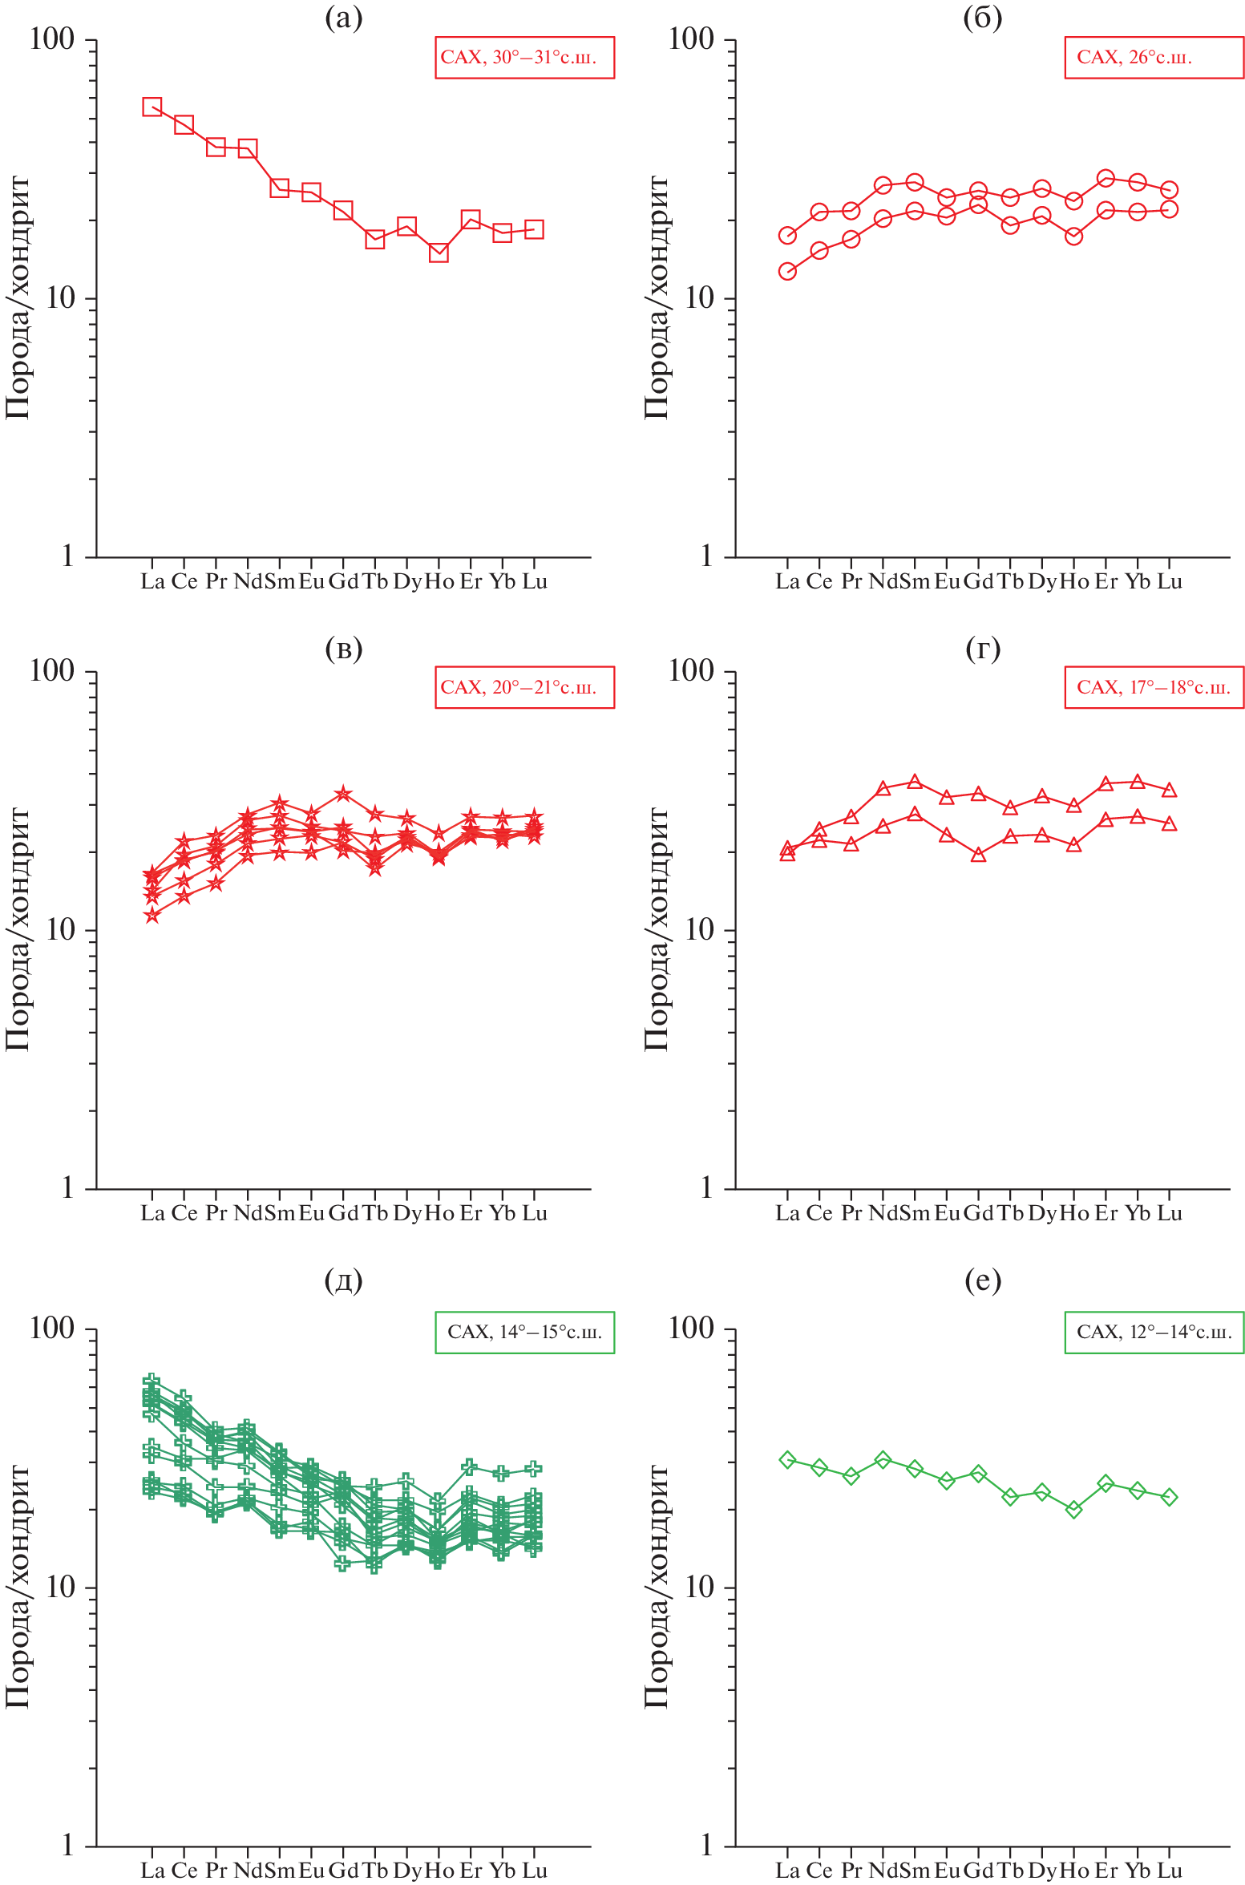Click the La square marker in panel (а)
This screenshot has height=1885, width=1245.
(152, 107)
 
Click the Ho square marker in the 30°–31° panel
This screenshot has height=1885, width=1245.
(439, 253)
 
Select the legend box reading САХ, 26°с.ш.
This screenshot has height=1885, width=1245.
(1154, 58)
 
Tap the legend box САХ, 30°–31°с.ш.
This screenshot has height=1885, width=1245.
(524, 58)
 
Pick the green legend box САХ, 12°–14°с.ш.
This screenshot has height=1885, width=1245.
(1154, 1332)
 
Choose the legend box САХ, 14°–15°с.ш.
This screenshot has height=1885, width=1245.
(524, 1332)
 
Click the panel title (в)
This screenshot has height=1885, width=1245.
(344, 649)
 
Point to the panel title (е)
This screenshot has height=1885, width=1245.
(983, 1280)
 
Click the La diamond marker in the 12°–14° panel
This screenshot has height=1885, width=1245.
(787, 1459)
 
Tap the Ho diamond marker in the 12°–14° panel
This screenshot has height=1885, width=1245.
(1074, 1509)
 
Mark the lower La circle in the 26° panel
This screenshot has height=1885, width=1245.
(787, 272)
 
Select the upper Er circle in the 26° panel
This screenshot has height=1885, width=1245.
(1106, 178)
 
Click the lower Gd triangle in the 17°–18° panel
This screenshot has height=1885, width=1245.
(978, 855)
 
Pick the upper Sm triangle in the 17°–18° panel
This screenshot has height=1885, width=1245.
(915, 782)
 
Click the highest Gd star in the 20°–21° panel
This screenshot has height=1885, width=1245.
(343, 794)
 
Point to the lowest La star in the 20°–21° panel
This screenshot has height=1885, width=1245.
(152, 915)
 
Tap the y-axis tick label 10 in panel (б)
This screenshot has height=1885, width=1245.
(700, 298)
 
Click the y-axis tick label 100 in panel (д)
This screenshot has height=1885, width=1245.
(52, 1329)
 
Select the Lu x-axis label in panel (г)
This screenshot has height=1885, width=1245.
(1170, 1213)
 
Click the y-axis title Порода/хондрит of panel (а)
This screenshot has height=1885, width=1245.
(18, 297)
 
